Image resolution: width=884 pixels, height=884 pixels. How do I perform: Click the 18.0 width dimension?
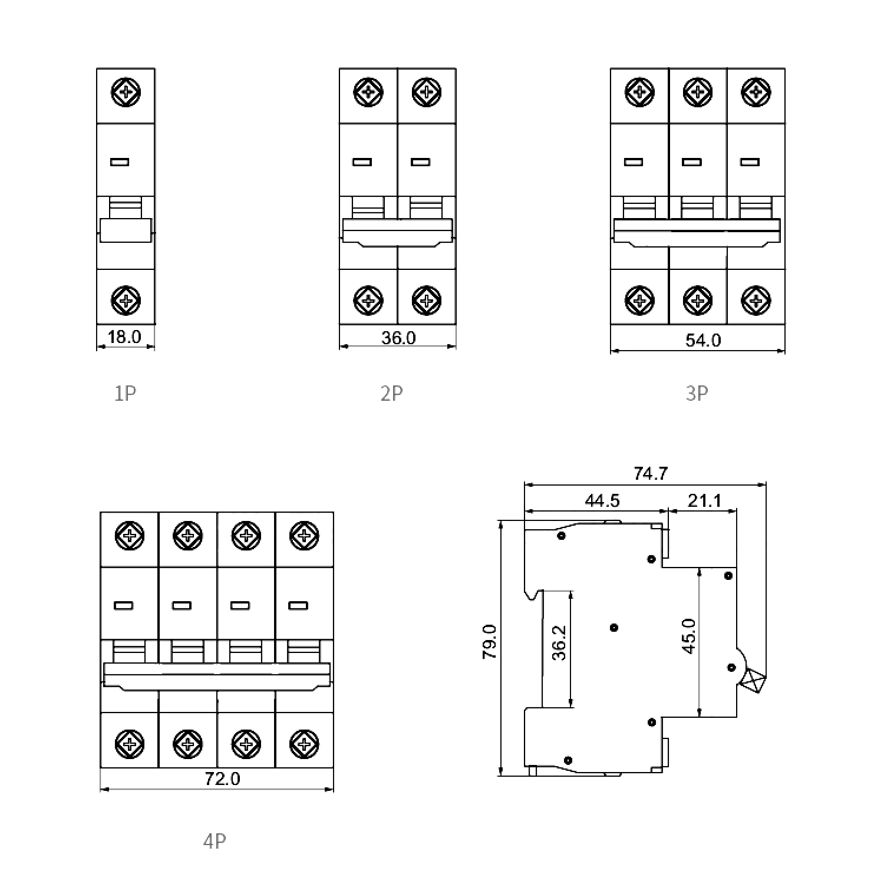pos(124,337)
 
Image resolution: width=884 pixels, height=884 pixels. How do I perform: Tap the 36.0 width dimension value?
pos(398,338)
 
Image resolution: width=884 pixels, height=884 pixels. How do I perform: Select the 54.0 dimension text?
pos(703,340)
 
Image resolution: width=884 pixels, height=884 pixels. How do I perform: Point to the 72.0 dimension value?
pos(222,779)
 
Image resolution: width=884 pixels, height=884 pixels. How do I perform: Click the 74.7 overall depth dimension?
pos(651,473)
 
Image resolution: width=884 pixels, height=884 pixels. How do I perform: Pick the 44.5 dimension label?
pos(602,500)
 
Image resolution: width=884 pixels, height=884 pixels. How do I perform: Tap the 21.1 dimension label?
pos(704,500)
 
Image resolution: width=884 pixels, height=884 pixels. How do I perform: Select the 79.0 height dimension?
pos(490,642)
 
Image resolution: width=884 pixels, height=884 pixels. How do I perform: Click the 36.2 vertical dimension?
pos(559,642)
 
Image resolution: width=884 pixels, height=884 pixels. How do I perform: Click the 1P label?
pos(125,393)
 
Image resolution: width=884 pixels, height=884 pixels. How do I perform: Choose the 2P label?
pos(392,393)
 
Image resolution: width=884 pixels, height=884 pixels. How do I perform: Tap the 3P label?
pos(697,393)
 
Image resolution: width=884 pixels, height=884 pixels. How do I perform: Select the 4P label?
pos(215,841)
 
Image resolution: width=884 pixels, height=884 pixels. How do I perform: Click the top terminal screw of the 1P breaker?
pos(126,93)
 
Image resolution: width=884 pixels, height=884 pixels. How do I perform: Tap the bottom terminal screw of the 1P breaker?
pos(126,300)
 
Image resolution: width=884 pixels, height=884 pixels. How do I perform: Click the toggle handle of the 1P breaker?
pos(126,229)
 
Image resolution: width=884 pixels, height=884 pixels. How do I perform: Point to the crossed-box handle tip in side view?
pos(754,683)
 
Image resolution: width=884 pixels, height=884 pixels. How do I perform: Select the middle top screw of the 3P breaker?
pos(697,93)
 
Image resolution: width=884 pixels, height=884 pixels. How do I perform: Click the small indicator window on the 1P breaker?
pos(120,162)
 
